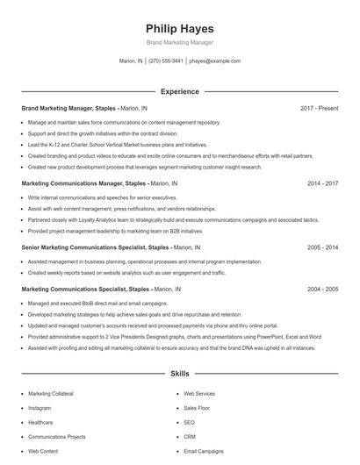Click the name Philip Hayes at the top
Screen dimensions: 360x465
coord(179,28)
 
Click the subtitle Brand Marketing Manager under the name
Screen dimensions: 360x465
coord(179,42)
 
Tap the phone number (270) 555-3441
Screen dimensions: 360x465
coord(166,61)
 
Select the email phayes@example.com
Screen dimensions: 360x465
coord(215,61)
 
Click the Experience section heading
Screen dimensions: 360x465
coord(179,91)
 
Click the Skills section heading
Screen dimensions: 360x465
coord(179,374)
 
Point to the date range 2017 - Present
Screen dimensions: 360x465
coord(319,108)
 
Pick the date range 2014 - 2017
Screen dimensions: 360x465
coord(322,183)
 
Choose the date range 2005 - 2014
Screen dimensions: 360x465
coord(322,247)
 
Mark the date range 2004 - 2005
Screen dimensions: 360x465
coord(322,289)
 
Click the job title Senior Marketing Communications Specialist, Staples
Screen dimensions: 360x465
coord(95,247)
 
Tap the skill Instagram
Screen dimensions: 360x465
coord(40,408)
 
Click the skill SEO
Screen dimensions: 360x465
coord(189,422)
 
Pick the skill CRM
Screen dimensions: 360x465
coord(190,436)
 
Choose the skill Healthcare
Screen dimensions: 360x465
coord(41,422)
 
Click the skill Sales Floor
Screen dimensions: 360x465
coord(197,408)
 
